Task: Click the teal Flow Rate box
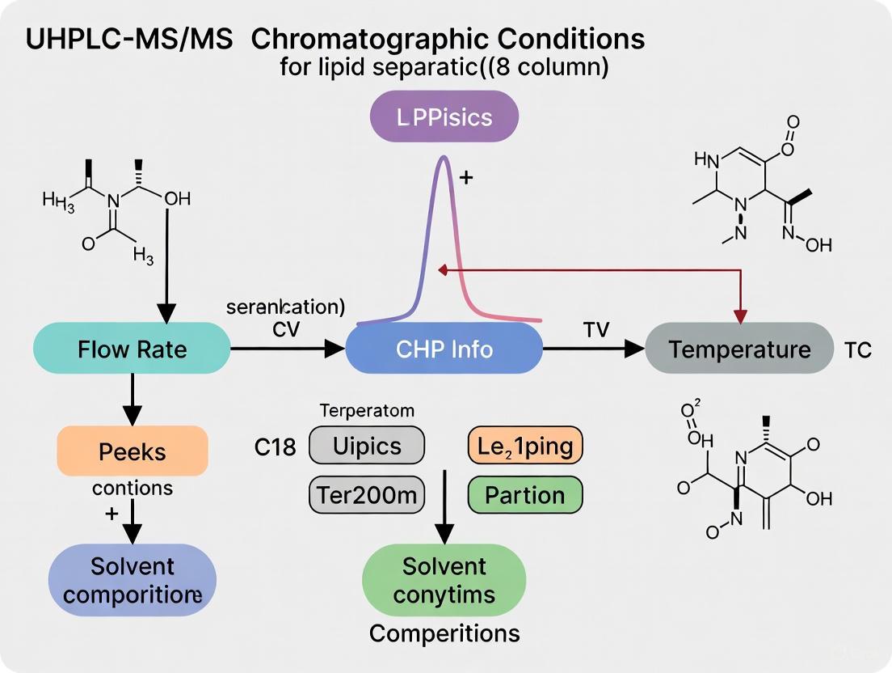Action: (x=132, y=349)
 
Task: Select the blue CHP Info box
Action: (x=444, y=349)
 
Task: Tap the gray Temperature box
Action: (x=739, y=349)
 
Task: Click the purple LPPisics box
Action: (x=444, y=117)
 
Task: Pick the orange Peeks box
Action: (x=133, y=451)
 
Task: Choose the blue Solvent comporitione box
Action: (x=133, y=580)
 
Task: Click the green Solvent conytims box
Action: (x=444, y=580)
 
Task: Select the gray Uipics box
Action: (x=367, y=447)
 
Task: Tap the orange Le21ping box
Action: (x=525, y=447)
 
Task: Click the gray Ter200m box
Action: (x=367, y=495)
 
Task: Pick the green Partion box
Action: (x=525, y=495)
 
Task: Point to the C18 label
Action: (x=275, y=447)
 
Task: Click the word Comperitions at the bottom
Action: (x=444, y=633)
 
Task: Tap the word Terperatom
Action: (x=367, y=411)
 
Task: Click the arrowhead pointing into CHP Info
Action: (x=334, y=349)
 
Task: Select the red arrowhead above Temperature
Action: (x=738, y=314)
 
